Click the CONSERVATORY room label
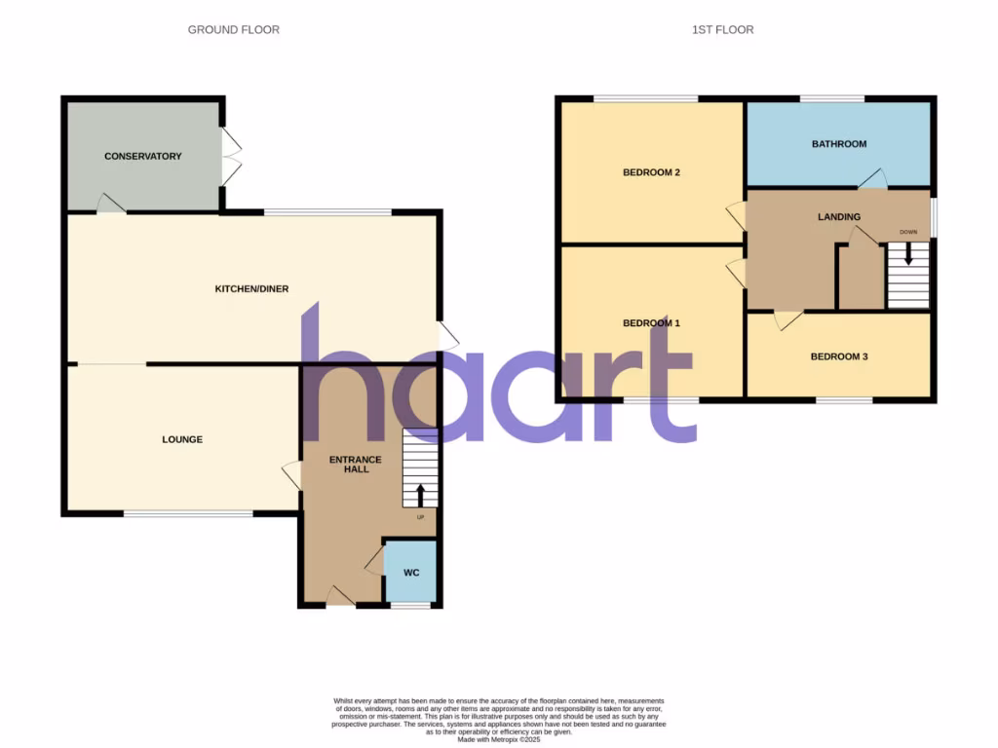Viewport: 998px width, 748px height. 143,156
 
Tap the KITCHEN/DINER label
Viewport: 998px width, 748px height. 251,288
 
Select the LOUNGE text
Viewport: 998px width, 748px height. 182,439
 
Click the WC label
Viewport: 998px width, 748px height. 411,573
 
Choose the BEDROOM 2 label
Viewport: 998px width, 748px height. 651,172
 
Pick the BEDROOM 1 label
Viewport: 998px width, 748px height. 651,323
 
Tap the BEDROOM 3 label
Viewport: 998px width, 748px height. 839,356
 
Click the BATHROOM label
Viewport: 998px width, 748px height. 839,144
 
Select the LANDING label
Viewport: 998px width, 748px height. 838,217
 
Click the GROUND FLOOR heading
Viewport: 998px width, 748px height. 234,30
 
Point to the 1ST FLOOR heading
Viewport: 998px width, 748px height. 722,30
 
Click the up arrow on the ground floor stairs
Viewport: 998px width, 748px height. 420,494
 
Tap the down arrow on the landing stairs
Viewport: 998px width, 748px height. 908,253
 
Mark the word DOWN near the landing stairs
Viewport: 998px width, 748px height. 908,232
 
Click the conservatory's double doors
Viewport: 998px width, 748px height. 230,156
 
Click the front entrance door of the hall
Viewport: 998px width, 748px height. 339,596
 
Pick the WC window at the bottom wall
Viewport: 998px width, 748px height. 410,606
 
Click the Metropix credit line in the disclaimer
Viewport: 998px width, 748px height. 498,739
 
